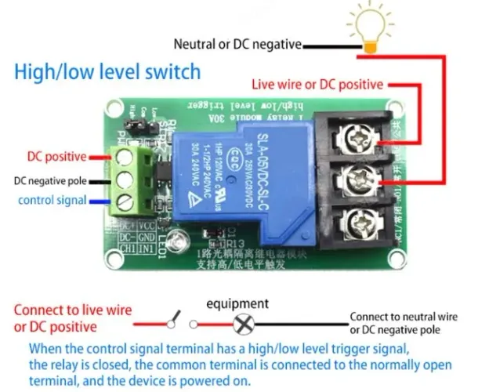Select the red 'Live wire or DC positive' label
(x=318, y=84)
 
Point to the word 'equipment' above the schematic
(x=237, y=303)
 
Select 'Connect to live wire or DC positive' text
(x=72, y=318)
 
